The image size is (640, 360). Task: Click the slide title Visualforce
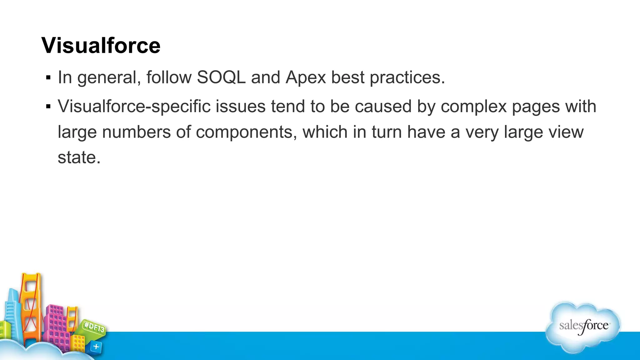click(x=101, y=46)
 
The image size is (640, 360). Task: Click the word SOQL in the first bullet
click(x=221, y=77)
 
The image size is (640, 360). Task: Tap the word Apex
click(x=306, y=77)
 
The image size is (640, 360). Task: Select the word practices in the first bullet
click(x=407, y=77)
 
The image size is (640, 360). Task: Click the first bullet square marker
click(x=48, y=77)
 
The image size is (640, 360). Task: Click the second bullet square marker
click(x=48, y=107)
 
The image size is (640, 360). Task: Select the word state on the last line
click(x=79, y=157)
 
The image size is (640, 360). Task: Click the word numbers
click(x=136, y=132)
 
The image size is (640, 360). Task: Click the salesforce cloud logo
click(x=583, y=327)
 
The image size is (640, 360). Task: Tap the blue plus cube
click(x=96, y=347)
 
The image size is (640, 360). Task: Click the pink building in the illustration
click(x=56, y=325)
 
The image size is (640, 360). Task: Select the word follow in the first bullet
click(x=169, y=77)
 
